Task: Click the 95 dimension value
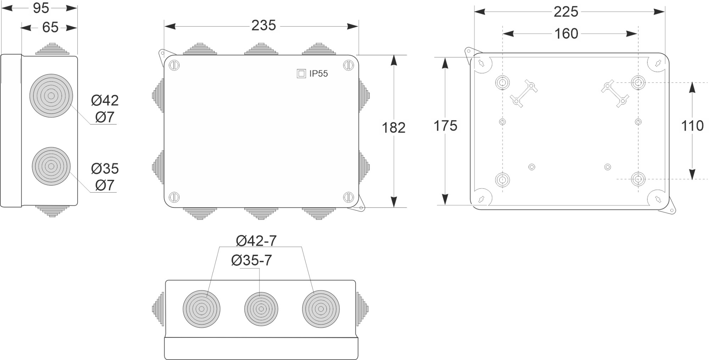tap(41, 8)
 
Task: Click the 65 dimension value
tap(50, 27)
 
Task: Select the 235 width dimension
tap(263, 26)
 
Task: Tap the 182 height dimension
tap(393, 128)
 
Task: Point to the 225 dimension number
tap(566, 12)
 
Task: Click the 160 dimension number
tap(566, 34)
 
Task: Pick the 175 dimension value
tap(445, 126)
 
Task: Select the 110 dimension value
tap(692, 126)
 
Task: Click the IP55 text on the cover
tap(318, 74)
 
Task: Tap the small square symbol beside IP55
tap(301, 74)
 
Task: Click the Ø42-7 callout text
tap(256, 241)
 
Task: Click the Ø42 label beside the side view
tap(105, 101)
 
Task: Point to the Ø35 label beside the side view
tap(105, 169)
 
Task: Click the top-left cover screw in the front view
tap(174, 65)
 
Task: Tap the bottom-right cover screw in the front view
tap(348, 197)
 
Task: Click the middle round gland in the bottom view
tap(261, 309)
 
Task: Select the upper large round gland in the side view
tap(51, 96)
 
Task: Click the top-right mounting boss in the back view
tap(638, 83)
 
